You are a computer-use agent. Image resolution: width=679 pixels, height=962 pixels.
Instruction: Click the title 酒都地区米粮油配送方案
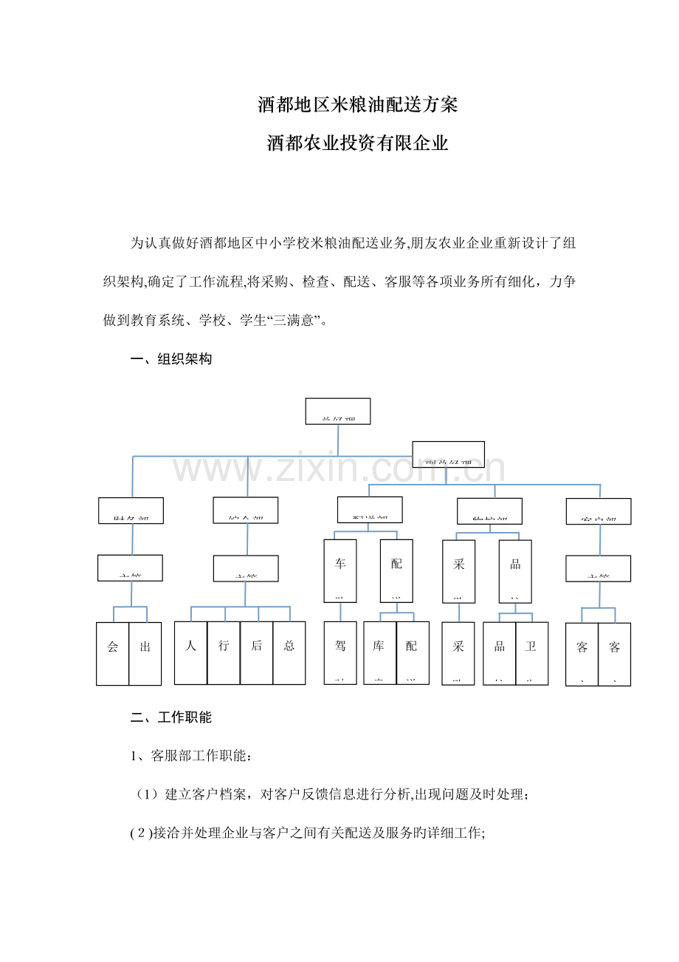click(x=358, y=105)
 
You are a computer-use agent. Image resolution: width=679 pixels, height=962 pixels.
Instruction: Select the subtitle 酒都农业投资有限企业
click(x=358, y=143)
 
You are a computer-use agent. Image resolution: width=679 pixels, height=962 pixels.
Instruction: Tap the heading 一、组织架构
click(x=171, y=360)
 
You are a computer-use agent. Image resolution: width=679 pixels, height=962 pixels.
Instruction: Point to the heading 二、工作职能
click(x=171, y=717)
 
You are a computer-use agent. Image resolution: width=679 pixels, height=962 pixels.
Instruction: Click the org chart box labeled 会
click(x=113, y=653)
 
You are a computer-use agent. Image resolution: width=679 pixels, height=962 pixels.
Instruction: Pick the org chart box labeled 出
click(x=145, y=653)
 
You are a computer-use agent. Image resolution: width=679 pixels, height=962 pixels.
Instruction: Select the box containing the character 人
click(x=191, y=652)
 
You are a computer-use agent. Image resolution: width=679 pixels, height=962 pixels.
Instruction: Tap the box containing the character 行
click(x=224, y=652)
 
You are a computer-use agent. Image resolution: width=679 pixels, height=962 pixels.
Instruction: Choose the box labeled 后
click(x=256, y=652)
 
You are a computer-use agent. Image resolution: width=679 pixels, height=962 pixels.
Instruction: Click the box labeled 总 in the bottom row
click(x=289, y=652)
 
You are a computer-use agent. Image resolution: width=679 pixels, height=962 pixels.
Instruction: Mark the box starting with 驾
click(x=340, y=652)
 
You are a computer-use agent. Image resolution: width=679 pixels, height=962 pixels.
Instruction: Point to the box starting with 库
click(x=379, y=652)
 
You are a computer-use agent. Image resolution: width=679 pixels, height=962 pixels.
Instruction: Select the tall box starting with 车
click(x=340, y=570)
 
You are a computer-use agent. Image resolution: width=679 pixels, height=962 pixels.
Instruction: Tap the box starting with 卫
click(x=531, y=652)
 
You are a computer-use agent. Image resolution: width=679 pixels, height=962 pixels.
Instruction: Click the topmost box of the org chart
click(x=338, y=412)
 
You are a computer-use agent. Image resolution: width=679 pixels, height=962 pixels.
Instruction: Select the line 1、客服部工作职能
click(x=191, y=756)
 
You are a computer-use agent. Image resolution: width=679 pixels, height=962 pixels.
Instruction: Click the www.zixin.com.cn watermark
click(x=339, y=468)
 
